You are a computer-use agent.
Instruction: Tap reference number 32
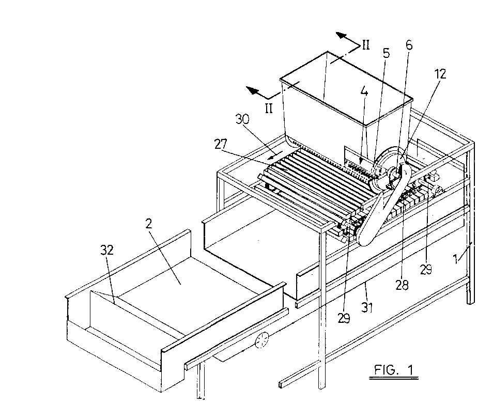pyautogui.click(x=107, y=250)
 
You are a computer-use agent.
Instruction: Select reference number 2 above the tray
pyautogui.click(x=149, y=223)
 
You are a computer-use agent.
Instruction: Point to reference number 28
pyautogui.click(x=402, y=285)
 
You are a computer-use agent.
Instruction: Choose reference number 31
pyautogui.click(x=366, y=307)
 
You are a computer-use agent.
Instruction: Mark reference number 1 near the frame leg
pyautogui.click(x=455, y=260)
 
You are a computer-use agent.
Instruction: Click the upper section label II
pyautogui.click(x=366, y=45)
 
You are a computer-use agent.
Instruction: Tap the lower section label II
pyautogui.click(x=269, y=108)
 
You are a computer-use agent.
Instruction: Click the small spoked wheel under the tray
pyautogui.click(x=262, y=340)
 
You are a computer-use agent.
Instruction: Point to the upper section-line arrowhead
pyautogui.click(x=340, y=35)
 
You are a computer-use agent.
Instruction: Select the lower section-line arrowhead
pyautogui.click(x=252, y=90)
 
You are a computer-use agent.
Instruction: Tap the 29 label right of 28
pyautogui.click(x=426, y=270)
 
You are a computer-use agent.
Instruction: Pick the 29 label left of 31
pyautogui.click(x=344, y=318)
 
